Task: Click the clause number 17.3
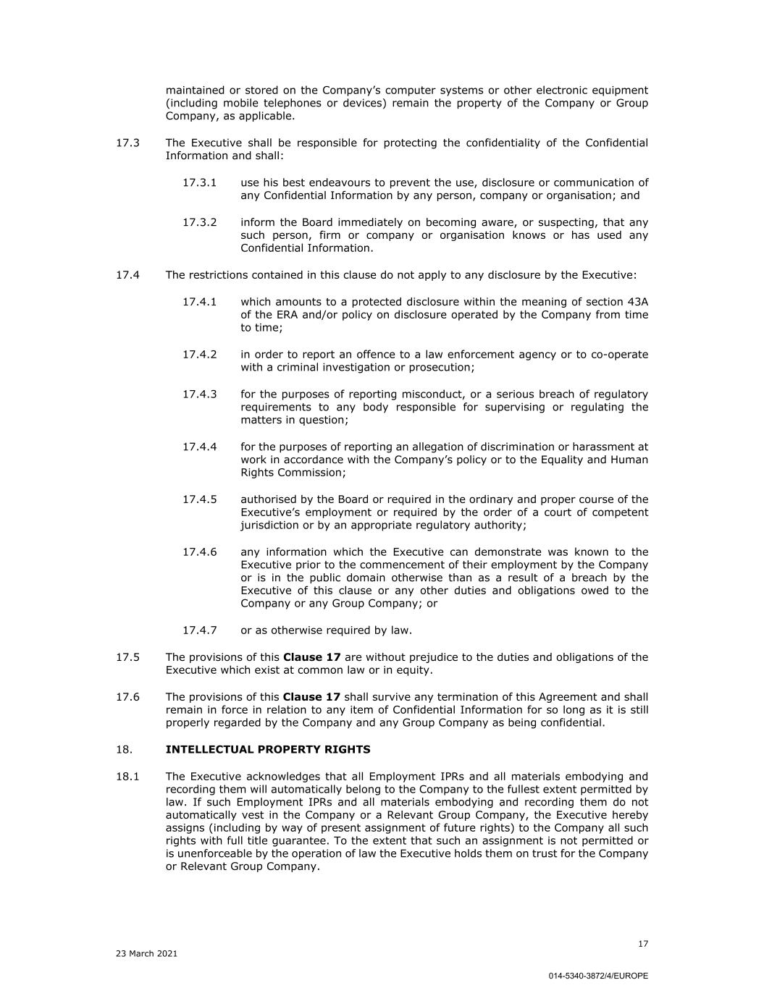(x=127, y=143)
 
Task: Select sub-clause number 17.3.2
(x=199, y=222)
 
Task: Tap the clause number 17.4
(x=127, y=275)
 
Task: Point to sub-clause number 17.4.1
(x=199, y=302)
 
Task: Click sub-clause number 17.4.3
(x=199, y=394)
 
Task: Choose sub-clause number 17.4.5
(x=199, y=499)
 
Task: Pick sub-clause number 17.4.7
(x=199, y=630)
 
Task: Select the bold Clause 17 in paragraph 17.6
(x=311, y=697)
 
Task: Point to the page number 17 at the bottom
(x=643, y=944)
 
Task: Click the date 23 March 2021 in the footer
(x=146, y=954)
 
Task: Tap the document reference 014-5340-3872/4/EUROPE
(x=598, y=976)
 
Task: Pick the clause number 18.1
(x=127, y=777)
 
